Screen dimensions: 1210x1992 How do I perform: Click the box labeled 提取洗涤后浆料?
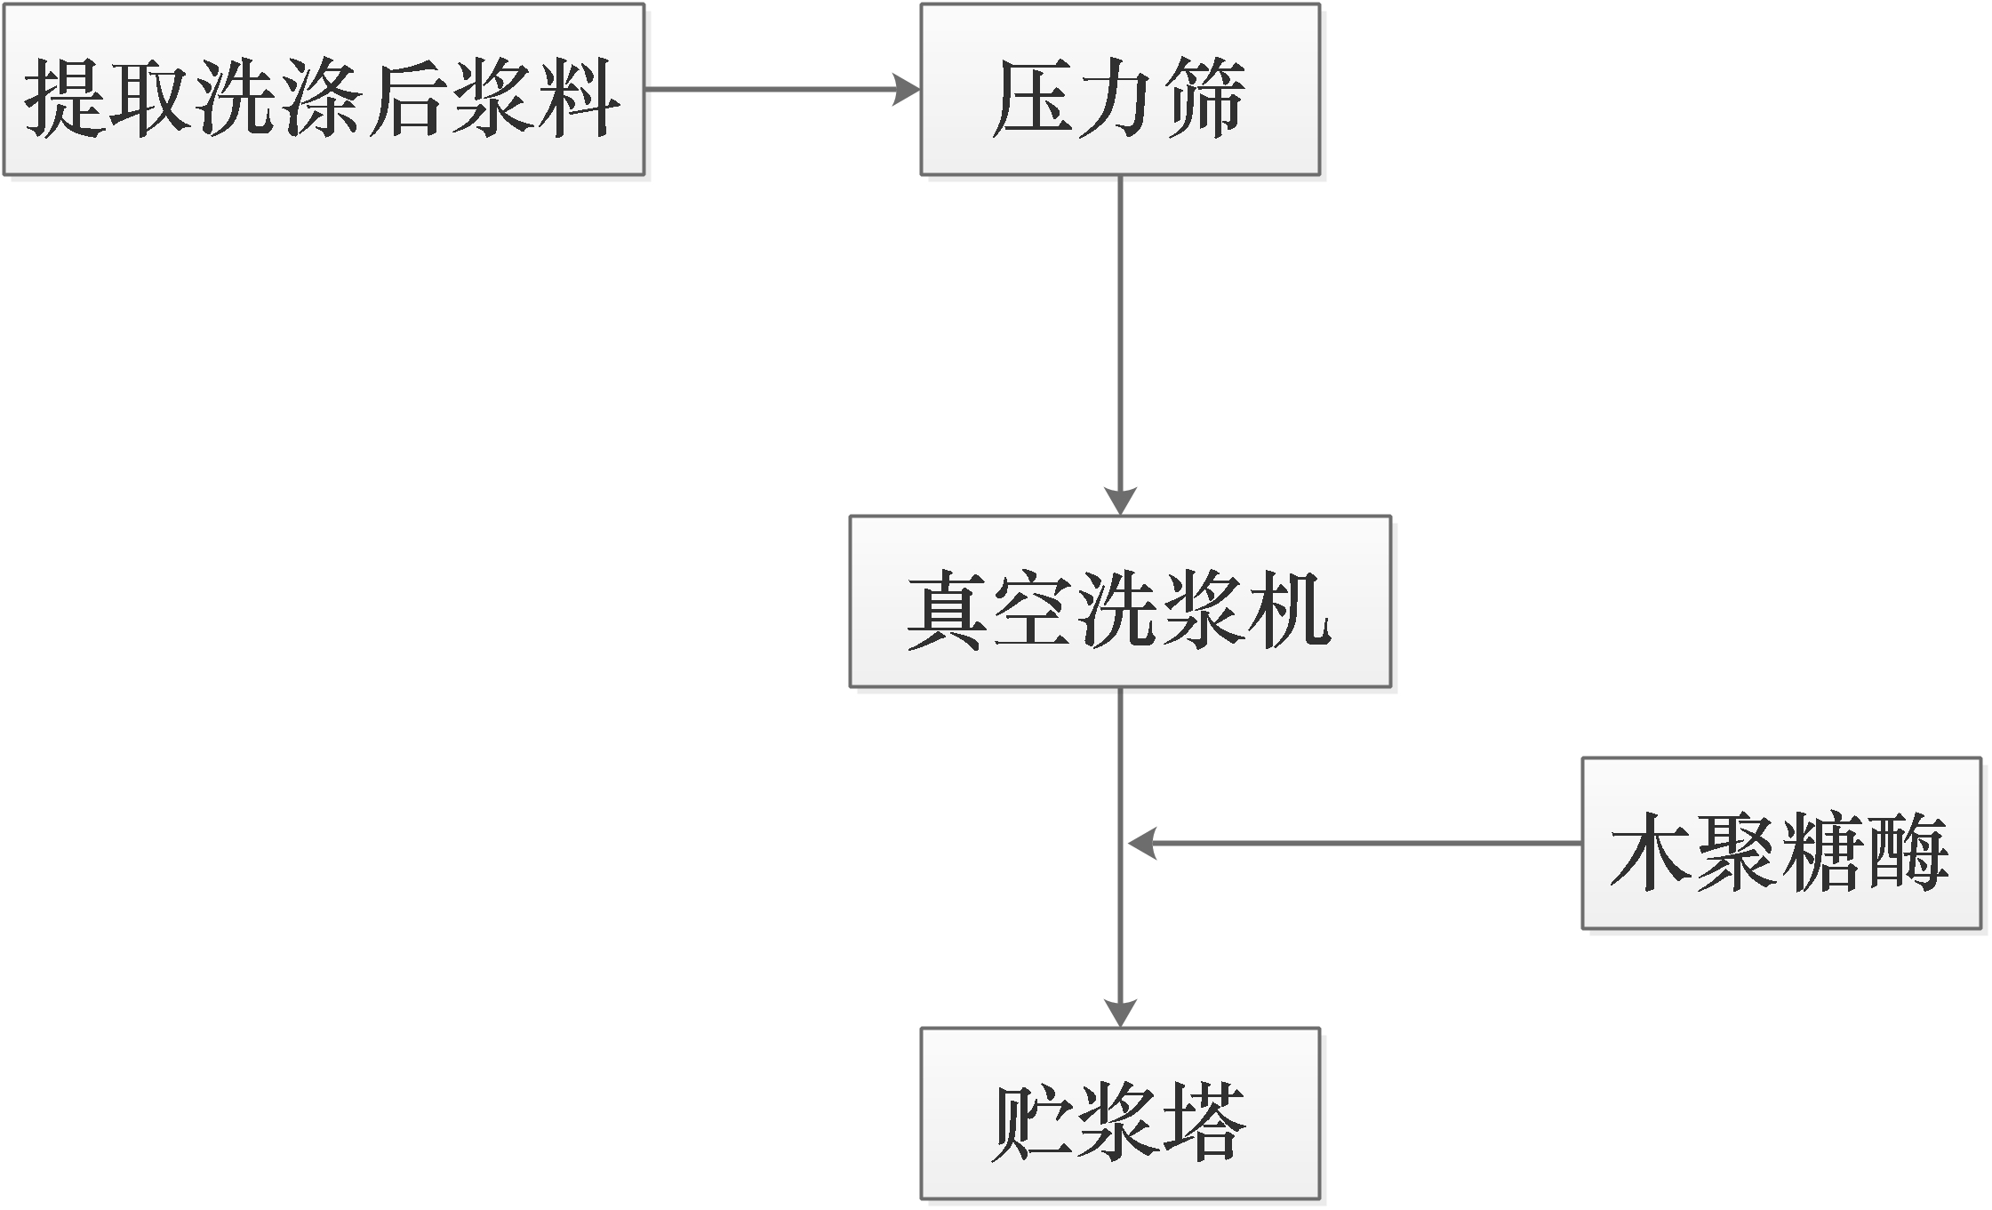[x=324, y=90]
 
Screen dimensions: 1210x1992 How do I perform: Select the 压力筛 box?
[x=1119, y=90]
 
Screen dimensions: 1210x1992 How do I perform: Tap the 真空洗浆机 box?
[x=1119, y=602]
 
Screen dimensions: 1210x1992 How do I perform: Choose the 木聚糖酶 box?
[x=1781, y=844]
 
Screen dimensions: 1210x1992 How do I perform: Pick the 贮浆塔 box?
[x=1119, y=1114]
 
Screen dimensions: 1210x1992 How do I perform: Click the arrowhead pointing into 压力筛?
[x=907, y=90]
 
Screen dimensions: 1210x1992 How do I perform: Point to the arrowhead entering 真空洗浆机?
[x=1120, y=501]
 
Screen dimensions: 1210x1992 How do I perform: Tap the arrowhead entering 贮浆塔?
[x=1120, y=1013]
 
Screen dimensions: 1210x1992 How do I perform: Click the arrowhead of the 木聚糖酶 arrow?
[x=1142, y=843]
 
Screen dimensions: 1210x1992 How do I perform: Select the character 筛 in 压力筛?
[x=1204, y=98]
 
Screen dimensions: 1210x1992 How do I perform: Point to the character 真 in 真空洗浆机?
[x=948, y=611]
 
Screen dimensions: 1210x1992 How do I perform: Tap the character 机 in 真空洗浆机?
[x=1290, y=611]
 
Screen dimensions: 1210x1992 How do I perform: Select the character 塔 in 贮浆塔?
[x=1204, y=1122]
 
